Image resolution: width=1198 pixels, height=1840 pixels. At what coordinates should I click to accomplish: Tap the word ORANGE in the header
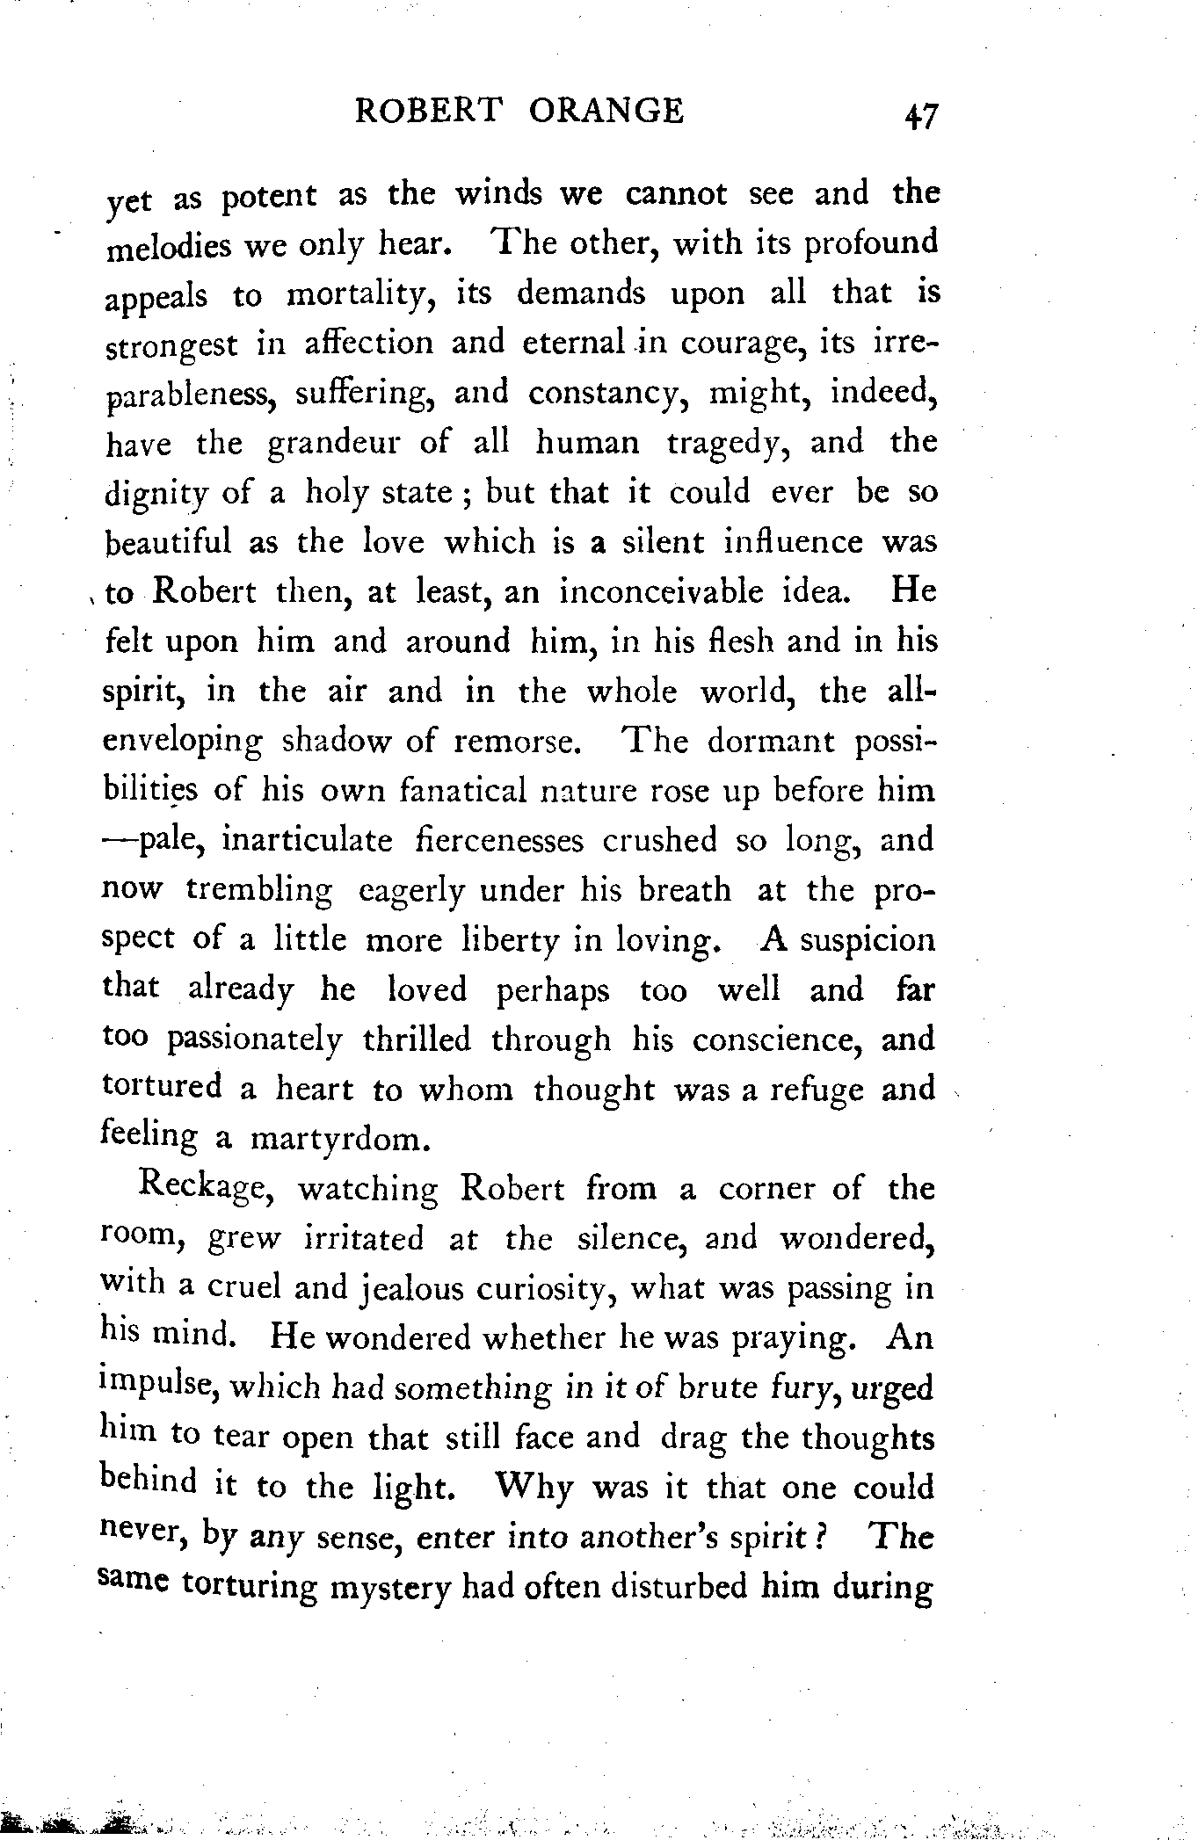coord(607,111)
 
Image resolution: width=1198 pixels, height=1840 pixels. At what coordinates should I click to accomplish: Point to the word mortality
coord(363,296)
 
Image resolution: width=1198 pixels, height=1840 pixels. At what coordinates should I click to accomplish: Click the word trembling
coord(259,891)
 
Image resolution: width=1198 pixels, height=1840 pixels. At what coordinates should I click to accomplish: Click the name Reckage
coord(208,1189)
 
